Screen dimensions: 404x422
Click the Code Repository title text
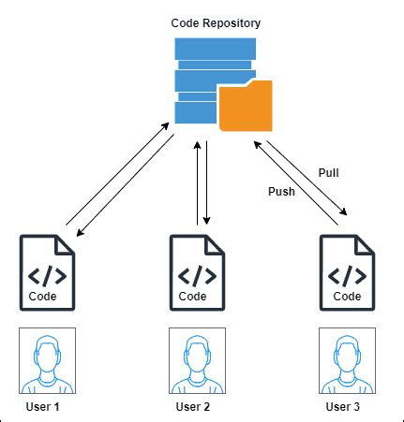[216, 23]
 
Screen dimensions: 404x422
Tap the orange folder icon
[246, 106]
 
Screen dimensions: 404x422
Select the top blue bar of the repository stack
[216, 49]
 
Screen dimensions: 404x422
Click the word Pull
[328, 172]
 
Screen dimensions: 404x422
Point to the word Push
[281, 191]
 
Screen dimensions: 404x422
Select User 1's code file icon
[47, 273]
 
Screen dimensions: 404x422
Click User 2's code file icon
[197, 273]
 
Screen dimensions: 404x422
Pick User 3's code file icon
[347, 273]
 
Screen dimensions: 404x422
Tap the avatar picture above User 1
[47, 360]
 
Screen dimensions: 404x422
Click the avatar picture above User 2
[197, 360]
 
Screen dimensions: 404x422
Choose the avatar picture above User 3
[347, 360]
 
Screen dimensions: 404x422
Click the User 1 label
[42, 407]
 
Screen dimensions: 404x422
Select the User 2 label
[192, 407]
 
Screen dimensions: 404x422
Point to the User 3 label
[342, 407]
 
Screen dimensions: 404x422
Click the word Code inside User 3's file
[347, 296]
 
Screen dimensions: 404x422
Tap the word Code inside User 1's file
[42, 296]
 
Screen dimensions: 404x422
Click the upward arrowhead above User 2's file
[197, 145]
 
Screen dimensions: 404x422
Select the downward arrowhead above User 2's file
[206, 221]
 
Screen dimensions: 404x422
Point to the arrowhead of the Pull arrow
[343, 211]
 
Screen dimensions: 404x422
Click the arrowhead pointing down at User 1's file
[81, 232]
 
